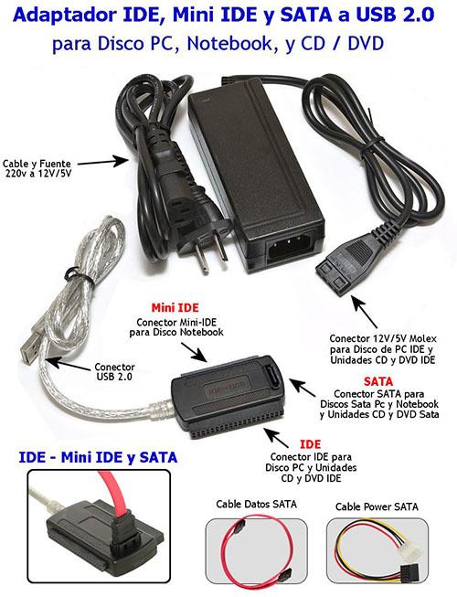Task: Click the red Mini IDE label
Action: point(175,307)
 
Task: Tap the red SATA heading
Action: point(377,381)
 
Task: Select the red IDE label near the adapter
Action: point(310,444)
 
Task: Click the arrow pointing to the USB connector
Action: point(68,363)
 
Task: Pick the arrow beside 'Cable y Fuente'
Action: point(103,162)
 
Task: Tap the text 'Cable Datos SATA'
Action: point(256,504)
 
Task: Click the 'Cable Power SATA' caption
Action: point(377,506)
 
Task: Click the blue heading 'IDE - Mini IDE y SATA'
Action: point(98,457)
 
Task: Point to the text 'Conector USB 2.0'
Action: point(114,371)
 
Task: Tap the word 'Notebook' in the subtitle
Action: point(229,44)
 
